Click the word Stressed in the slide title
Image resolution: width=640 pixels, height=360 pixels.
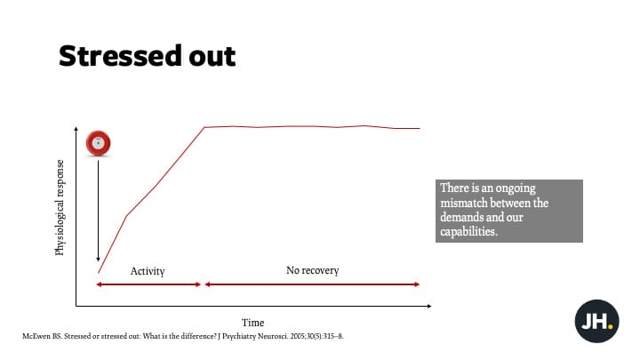[x=120, y=55]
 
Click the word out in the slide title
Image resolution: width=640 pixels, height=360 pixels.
[x=212, y=56]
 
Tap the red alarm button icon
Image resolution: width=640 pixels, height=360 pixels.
[x=98, y=143]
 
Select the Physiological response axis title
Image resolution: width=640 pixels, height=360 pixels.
[x=60, y=207]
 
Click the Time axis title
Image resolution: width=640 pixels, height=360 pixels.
[x=252, y=323]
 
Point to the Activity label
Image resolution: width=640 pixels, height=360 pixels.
[x=148, y=271]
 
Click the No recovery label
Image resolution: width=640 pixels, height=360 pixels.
[x=312, y=270]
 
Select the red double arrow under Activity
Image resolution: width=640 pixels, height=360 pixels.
[x=148, y=284]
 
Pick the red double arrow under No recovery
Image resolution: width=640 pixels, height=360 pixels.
[x=312, y=284]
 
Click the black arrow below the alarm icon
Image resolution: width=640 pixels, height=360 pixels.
[x=98, y=211]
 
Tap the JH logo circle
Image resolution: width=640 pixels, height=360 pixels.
[x=596, y=321]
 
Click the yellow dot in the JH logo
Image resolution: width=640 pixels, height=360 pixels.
[x=610, y=326]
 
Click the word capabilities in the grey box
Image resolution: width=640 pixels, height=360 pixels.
[x=468, y=232]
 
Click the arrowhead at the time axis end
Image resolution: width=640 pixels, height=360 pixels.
[x=429, y=306]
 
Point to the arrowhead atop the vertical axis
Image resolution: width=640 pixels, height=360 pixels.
[x=76, y=129]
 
